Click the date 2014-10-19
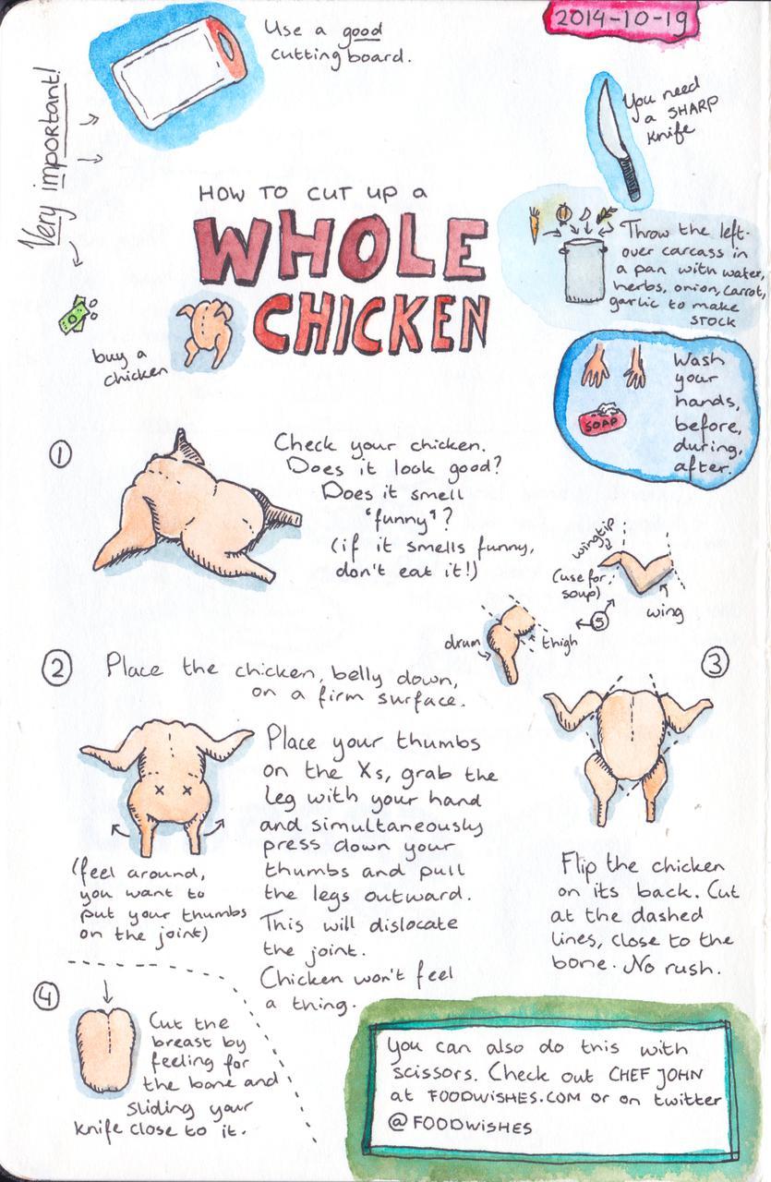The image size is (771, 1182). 620,19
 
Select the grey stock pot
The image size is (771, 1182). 584,271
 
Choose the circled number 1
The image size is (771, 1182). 61,454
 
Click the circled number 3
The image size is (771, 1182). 715,664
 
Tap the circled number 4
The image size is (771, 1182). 46,996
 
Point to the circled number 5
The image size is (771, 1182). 598,621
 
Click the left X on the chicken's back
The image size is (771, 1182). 157,790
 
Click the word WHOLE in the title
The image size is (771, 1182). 341,246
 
